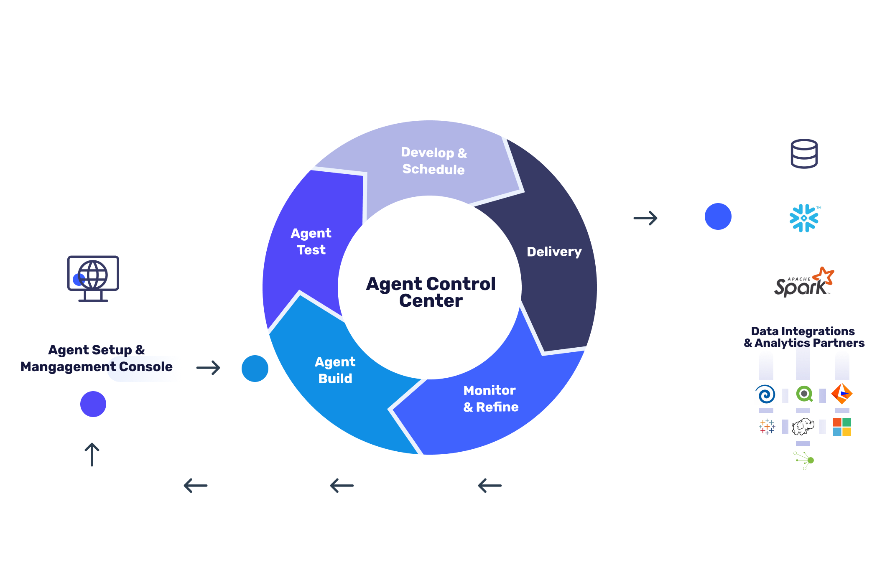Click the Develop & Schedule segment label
(x=433, y=161)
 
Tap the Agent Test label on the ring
(x=311, y=241)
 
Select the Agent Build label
(x=335, y=370)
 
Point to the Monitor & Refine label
(x=490, y=398)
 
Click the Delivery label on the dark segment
(x=554, y=252)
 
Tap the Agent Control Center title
(x=431, y=292)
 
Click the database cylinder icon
(x=804, y=154)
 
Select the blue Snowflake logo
(x=804, y=218)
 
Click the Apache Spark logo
(x=804, y=283)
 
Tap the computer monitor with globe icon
(x=93, y=278)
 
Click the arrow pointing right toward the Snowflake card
(x=645, y=218)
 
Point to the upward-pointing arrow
(x=92, y=454)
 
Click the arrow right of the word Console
(x=208, y=368)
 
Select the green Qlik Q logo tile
(x=804, y=394)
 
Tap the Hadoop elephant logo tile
(x=804, y=427)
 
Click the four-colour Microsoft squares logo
(x=841, y=427)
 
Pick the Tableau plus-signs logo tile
(x=766, y=427)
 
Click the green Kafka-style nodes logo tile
(x=804, y=460)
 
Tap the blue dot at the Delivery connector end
(x=718, y=216)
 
